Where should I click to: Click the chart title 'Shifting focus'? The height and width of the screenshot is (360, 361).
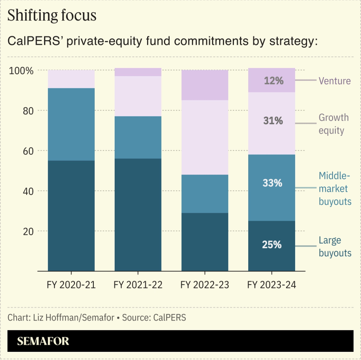(52, 15)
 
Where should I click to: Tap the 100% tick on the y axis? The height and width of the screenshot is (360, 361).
(22, 71)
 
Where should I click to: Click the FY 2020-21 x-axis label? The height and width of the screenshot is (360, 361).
(71, 285)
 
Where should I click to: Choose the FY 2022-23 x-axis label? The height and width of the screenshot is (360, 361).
(204, 285)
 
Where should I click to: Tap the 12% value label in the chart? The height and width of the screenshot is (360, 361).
(272, 81)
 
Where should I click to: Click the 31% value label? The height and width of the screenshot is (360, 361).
(272, 121)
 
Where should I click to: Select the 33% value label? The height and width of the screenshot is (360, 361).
(272, 183)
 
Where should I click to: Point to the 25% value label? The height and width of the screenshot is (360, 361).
(272, 245)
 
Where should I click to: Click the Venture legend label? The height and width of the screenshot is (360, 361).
(334, 81)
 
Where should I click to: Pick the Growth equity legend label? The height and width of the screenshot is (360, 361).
(333, 124)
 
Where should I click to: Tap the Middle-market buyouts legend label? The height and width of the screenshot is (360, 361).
(335, 188)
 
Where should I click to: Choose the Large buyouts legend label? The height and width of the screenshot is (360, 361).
(335, 247)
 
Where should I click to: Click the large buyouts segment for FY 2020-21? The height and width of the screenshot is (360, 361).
(71, 216)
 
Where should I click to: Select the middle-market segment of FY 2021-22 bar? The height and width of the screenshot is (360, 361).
(138, 137)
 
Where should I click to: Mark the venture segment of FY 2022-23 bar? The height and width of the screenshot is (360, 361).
(204, 85)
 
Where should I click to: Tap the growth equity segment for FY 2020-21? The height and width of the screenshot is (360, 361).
(71, 79)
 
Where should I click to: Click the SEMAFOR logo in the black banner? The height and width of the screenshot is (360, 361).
(43, 342)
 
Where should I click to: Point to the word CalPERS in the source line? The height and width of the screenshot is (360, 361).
(170, 318)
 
